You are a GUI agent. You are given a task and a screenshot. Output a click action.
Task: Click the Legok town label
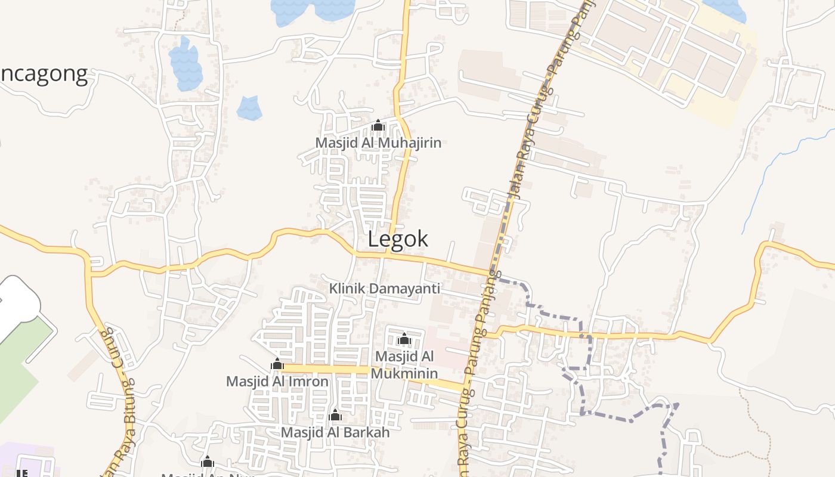(398, 239)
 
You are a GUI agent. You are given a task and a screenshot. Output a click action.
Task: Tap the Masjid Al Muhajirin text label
(378, 143)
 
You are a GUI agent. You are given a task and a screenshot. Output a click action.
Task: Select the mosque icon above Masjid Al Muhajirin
(378, 126)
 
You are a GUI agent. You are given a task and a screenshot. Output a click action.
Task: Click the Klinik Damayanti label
(385, 289)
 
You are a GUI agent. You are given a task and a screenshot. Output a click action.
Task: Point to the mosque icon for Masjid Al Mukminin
(404, 339)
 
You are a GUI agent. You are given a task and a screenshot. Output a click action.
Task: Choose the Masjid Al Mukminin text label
(404, 365)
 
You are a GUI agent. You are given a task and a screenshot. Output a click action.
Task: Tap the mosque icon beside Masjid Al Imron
(277, 364)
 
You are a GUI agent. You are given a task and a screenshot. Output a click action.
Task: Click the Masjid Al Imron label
(277, 381)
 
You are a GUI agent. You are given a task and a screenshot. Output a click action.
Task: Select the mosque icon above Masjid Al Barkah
(335, 415)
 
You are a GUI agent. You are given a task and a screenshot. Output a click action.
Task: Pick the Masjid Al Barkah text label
(335, 432)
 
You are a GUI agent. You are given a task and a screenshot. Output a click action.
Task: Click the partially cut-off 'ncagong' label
(44, 74)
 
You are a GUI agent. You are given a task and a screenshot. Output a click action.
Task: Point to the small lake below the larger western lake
(249, 108)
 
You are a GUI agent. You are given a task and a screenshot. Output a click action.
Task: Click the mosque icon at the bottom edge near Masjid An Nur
(208, 461)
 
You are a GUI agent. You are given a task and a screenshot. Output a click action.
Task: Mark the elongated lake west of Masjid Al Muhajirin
(184, 64)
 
